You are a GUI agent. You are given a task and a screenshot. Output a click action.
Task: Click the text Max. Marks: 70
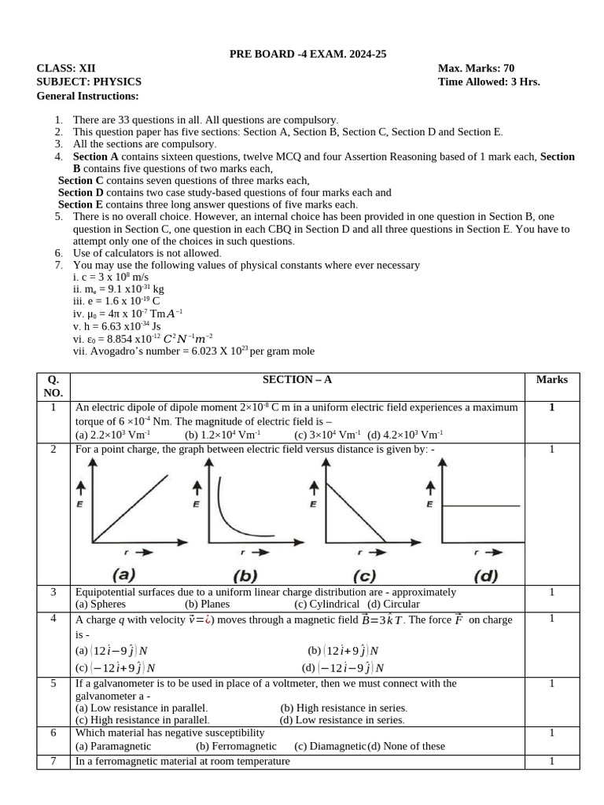click(x=476, y=68)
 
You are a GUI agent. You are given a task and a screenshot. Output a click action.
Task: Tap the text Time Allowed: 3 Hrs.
click(x=488, y=82)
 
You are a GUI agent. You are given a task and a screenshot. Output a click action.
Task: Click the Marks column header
click(x=551, y=380)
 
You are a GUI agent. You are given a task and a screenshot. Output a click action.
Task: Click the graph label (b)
click(x=245, y=575)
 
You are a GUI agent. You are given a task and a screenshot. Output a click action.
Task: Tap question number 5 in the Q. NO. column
click(x=53, y=683)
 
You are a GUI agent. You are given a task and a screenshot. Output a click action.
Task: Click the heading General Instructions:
click(x=87, y=96)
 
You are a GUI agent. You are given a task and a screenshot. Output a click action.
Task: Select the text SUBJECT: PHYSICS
click(x=89, y=82)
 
